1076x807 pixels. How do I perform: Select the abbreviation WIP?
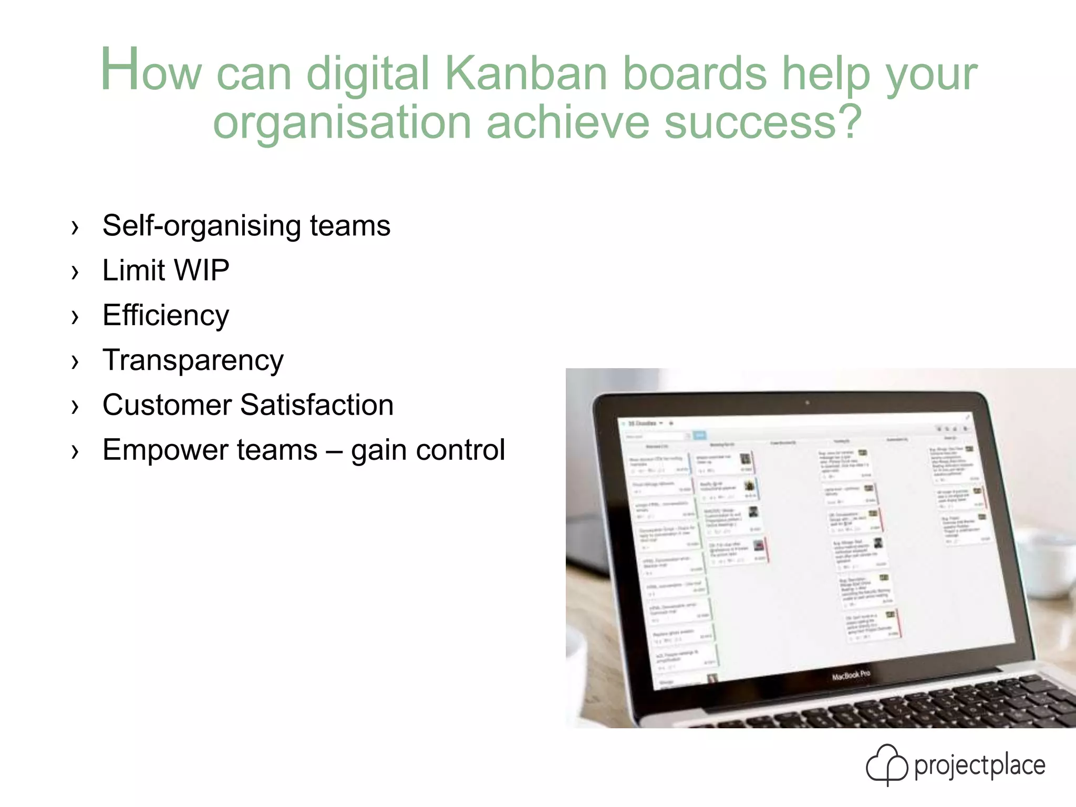click(201, 271)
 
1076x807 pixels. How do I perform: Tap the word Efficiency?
click(165, 316)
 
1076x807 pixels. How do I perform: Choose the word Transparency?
click(193, 361)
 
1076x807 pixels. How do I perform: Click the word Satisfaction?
click(317, 405)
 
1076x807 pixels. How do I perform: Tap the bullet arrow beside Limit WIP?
click(75, 272)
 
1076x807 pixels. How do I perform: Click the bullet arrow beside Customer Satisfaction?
click(75, 407)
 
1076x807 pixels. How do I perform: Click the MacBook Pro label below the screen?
click(851, 675)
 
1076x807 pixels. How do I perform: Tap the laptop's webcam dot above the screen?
click(807, 403)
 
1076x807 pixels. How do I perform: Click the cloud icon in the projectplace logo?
click(886, 764)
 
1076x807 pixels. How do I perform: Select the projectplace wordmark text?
click(979, 766)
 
